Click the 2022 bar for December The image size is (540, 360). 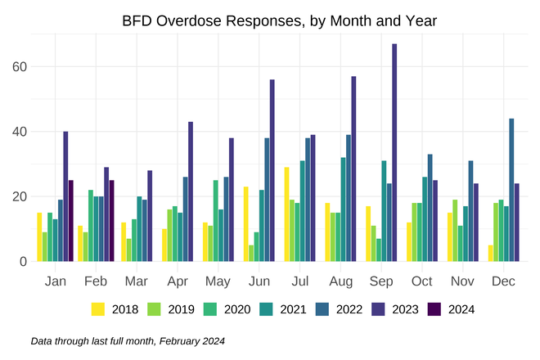point(511,190)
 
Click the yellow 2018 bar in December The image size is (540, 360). point(491,254)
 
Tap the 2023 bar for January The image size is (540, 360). point(65,196)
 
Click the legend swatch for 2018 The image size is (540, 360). point(98,309)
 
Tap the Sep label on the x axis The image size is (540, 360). point(381,281)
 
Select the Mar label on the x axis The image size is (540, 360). point(137,281)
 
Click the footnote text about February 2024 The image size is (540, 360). point(127,340)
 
